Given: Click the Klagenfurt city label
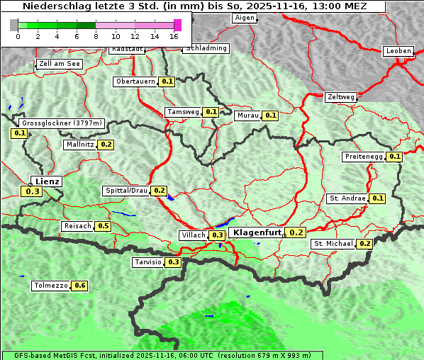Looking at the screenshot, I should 256,232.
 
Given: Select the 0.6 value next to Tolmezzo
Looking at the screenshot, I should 79,286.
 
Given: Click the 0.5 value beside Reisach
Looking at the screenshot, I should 104,226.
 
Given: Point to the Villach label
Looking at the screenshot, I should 194,235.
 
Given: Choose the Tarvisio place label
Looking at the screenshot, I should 147,262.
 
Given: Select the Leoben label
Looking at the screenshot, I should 398,51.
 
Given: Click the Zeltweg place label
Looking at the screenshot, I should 340,97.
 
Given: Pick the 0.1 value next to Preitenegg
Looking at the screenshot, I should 394,157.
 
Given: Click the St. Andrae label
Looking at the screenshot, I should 347,198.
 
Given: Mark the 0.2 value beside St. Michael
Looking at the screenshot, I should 364,244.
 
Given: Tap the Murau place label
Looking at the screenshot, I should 247,116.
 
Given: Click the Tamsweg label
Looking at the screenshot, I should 183,112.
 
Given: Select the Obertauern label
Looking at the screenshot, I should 135,81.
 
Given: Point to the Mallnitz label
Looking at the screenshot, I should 79,145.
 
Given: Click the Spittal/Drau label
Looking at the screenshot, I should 126,191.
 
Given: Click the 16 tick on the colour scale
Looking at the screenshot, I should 174,35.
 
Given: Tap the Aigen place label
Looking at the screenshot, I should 244,18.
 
